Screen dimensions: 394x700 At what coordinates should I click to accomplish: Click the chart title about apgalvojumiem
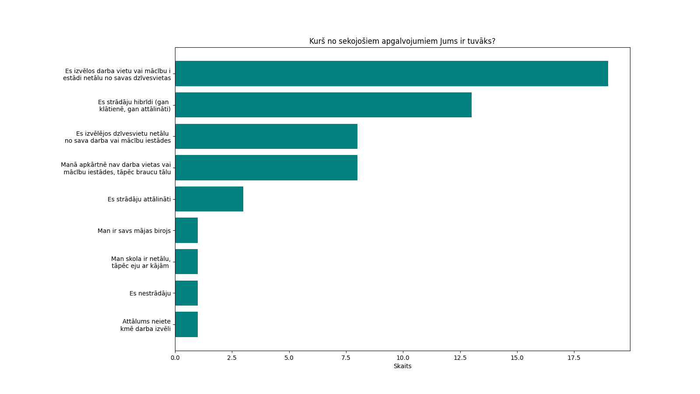click(402, 41)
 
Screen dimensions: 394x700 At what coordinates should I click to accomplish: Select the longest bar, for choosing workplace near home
click(391, 74)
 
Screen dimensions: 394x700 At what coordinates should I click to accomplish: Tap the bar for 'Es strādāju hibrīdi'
click(323, 105)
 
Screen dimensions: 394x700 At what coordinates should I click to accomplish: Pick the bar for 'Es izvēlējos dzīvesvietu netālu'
click(266, 137)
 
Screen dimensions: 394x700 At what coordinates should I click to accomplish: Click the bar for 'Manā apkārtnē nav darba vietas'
click(266, 168)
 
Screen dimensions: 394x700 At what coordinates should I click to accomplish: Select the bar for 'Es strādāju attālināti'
click(209, 199)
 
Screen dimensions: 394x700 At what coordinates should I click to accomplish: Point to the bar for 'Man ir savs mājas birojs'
click(186, 230)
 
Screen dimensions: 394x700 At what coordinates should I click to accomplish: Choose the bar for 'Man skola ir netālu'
click(186, 262)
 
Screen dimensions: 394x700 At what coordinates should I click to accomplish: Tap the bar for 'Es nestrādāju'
click(186, 293)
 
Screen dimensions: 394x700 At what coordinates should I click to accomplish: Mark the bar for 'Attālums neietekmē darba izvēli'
click(186, 324)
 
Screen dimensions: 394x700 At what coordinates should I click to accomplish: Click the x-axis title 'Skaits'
click(402, 366)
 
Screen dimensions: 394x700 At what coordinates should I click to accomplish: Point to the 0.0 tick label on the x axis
click(175, 358)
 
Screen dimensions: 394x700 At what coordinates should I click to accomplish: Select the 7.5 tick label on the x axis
click(346, 358)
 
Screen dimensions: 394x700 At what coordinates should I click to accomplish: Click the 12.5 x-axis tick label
click(460, 358)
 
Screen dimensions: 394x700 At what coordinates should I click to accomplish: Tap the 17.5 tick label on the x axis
click(574, 358)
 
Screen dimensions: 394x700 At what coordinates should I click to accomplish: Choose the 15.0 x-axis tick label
click(517, 358)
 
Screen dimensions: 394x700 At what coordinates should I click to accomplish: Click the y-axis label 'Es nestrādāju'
click(150, 293)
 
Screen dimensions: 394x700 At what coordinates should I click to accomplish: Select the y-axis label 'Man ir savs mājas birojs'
click(134, 231)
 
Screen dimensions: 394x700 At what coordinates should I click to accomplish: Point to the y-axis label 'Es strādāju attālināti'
click(139, 199)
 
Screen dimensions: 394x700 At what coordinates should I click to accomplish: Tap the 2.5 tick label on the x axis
click(232, 358)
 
